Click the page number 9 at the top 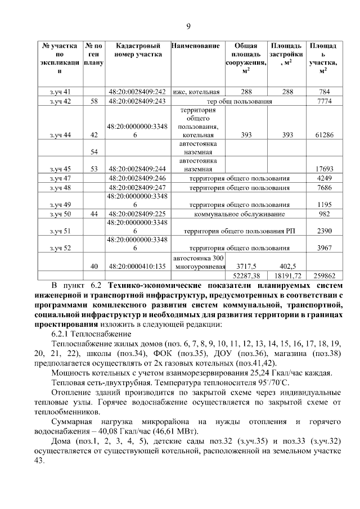pos(188,26)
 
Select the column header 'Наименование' pos(195,45)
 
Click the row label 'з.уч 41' pos(60,91)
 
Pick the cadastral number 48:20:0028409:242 pos(138,91)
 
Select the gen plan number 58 pos(93,101)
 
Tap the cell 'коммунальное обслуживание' pos(239,214)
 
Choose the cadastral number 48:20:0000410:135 pos(138,267)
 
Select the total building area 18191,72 pos(286,276)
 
